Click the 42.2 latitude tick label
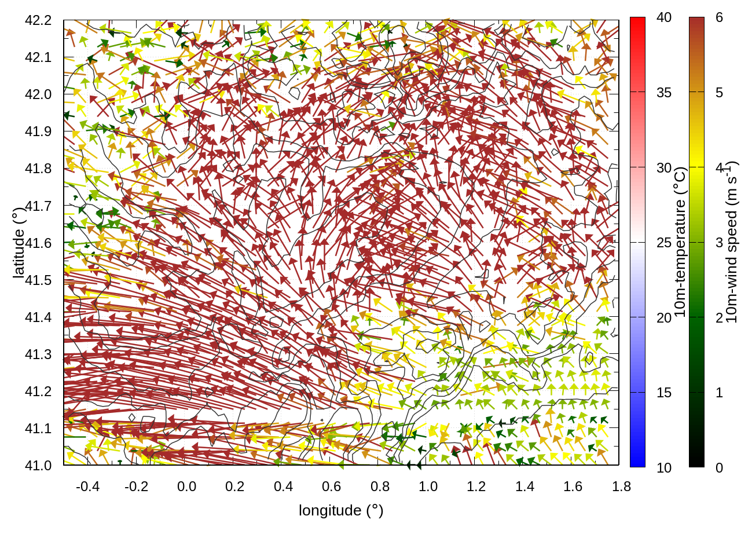point(38,20)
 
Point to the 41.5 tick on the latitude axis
point(38,280)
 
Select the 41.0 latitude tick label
point(38,466)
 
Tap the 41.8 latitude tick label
point(38,169)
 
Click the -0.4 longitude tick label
point(87,487)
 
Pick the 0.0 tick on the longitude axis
point(186,487)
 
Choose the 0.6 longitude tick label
point(331,487)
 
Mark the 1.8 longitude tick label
point(621,487)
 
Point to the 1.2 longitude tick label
point(476,487)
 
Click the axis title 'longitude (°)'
point(341,510)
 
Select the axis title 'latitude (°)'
point(19,243)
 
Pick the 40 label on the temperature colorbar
point(664,18)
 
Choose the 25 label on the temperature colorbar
point(664,243)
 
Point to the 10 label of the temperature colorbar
point(664,468)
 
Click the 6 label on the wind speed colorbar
point(719,18)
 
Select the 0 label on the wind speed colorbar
point(719,468)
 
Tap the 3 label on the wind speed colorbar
point(719,243)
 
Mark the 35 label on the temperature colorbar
point(664,93)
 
